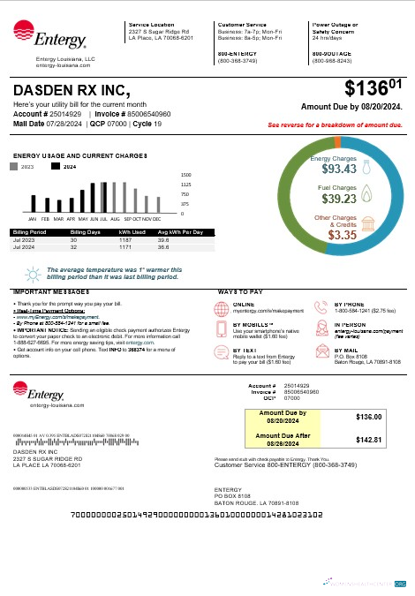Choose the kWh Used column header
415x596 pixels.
pos(132,233)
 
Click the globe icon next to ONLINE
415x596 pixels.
pos(222,308)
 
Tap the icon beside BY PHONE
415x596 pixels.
pos(322,308)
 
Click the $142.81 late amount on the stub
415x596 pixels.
pos(366,439)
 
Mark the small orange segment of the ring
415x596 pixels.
pos(337,142)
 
